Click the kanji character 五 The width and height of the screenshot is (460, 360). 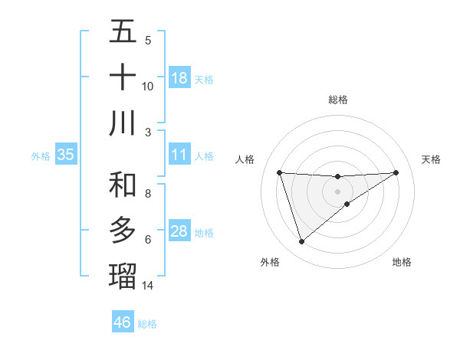(123, 32)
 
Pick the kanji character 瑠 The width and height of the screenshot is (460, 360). (123, 274)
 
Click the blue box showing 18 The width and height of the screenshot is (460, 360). (179, 78)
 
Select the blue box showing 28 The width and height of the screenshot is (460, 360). (179, 232)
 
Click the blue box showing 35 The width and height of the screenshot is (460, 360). (65, 155)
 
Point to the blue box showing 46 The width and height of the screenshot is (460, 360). (122, 322)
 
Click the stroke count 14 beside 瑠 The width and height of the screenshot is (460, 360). (148, 286)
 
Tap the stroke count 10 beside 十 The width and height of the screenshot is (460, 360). (148, 86)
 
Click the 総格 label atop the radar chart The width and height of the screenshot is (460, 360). (338, 100)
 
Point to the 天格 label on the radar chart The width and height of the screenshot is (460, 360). (432, 159)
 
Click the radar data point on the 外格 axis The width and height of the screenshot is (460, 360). (301, 242)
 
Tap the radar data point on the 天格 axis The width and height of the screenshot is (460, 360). (396, 172)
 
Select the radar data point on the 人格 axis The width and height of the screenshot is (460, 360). (280, 172)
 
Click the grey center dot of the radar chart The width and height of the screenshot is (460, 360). (338, 191)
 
